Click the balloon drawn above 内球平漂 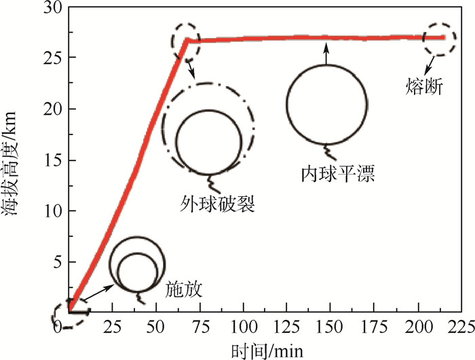(x=327, y=104)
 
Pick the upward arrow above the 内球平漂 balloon (x=326, y=52)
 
